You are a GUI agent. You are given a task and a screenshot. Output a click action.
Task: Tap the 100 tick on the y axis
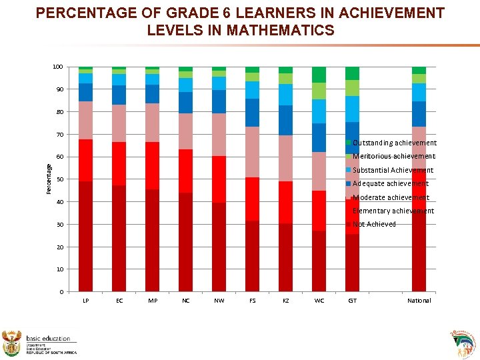pyautogui.click(x=58, y=67)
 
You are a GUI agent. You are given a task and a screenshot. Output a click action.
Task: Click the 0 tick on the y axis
pyautogui.click(x=61, y=292)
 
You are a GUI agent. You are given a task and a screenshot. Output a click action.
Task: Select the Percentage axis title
pyautogui.click(x=49, y=179)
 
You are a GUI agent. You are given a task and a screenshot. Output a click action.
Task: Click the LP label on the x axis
pyautogui.click(x=85, y=301)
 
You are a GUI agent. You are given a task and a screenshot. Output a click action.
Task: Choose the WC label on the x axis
pyautogui.click(x=319, y=301)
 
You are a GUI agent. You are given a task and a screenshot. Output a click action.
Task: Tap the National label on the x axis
pyautogui.click(x=419, y=301)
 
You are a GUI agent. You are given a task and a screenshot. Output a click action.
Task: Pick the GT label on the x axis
pyautogui.click(x=352, y=301)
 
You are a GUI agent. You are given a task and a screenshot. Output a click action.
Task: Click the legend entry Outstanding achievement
pyautogui.click(x=394, y=143)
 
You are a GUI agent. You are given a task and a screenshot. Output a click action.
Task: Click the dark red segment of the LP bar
pyautogui.click(x=85, y=236)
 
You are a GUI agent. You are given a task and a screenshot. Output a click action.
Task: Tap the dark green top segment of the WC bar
pyautogui.click(x=319, y=75)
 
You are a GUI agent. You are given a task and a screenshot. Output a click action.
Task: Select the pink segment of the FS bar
pyautogui.click(x=252, y=152)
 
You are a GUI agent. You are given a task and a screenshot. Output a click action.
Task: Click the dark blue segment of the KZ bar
pyautogui.click(x=285, y=120)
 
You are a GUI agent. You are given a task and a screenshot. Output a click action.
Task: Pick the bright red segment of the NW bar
pyautogui.click(x=219, y=179)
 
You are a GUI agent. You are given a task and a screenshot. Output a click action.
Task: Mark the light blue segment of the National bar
pyautogui.click(x=419, y=92)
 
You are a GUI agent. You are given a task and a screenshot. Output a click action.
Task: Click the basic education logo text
pyautogui.click(x=48, y=339)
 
